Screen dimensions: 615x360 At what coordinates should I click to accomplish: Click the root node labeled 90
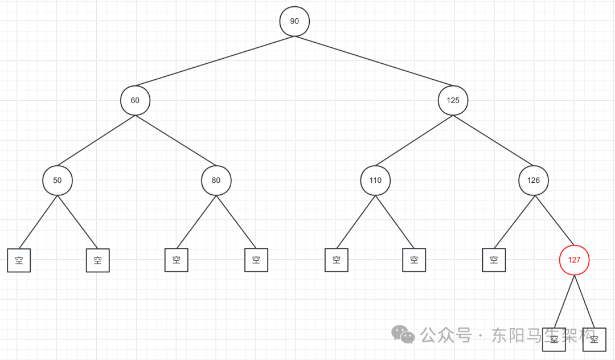click(x=294, y=21)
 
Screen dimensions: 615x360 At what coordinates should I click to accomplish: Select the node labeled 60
click(x=135, y=100)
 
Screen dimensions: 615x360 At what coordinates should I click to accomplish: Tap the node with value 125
click(x=453, y=100)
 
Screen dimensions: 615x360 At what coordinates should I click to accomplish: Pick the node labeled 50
click(x=57, y=180)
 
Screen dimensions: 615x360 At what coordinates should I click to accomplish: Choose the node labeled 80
click(x=216, y=180)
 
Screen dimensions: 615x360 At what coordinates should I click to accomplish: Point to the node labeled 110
click(x=375, y=180)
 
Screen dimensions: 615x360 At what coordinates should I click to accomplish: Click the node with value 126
click(x=534, y=180)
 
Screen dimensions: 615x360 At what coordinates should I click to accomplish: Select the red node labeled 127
click(x=574, y=260)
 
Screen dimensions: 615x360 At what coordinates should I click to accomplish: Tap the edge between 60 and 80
click(x=175, y=140)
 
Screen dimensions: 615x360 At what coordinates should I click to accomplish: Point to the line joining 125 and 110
click(x=414, y=140)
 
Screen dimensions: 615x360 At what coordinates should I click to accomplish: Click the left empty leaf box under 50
click(x=19, y=260)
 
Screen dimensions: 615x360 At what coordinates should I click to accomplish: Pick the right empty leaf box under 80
click(x=256, y=260)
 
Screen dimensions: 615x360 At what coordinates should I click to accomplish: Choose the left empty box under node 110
click(x=336, y=260)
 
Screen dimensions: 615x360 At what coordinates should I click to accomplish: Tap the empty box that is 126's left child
click(x=493, y=260)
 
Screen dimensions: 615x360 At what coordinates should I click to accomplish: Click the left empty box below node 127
click(x=553, y=339)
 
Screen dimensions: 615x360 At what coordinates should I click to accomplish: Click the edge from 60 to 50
click(x=96, y=140)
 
